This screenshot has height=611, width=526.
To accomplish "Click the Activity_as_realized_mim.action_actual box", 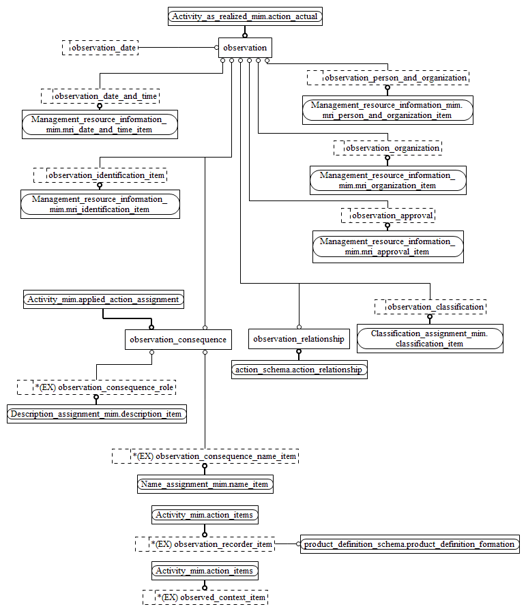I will tap(245, 16).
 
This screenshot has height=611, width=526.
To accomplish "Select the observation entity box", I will tap(245, 48).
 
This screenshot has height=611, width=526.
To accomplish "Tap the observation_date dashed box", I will tap(100, 48).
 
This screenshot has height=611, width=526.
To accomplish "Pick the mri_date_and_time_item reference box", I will tap(100, 124).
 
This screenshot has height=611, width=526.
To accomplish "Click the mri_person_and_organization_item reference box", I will tap(388, 110).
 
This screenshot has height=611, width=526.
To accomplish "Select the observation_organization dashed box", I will tap(387, 147).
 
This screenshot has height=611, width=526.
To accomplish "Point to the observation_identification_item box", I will tap(100, 175).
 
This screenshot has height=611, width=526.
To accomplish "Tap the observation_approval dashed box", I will tap(388, 215).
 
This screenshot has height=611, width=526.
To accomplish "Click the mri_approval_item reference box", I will tap(388, 246).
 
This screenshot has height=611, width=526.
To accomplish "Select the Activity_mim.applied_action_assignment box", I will tap(103, 299).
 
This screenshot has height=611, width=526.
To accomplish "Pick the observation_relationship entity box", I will tap(299, 339).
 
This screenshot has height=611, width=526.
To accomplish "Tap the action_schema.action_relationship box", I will tap(299, 370).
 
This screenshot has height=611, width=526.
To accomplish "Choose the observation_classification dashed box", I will tap(430, 307).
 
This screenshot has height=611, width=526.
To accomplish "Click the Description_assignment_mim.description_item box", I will tap(96, 414).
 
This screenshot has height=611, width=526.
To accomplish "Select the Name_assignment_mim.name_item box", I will tap(205, 484).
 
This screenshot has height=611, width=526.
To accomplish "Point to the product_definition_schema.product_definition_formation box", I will tap(409, 544).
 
